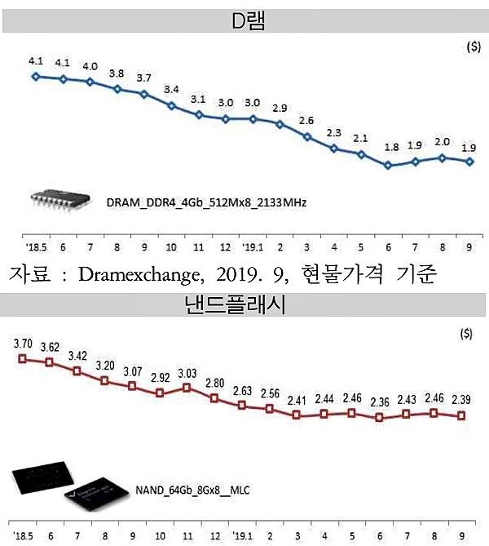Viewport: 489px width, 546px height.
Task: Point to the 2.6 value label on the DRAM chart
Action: pyautogui.click(x=307, y=121)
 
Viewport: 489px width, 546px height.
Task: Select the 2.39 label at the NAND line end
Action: pyautogui.click(x=461, y=399)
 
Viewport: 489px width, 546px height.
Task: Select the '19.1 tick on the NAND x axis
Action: pyautogui.click(x=243, y=536)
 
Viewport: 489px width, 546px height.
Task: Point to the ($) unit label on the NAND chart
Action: pyautogui.click(x=465, y=334)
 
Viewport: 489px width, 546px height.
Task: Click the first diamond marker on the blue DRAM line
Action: pyautogui.click(x=35, y=77)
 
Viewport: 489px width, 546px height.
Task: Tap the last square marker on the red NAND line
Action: pyautogui.click(x=462, y=415)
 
